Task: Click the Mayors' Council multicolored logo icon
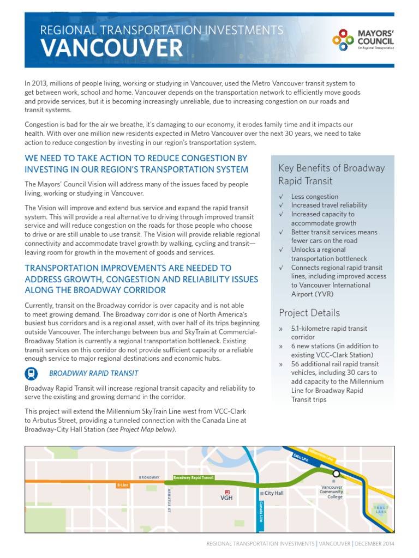tap(344, 40)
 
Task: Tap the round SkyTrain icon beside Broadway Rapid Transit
tap(32, 373)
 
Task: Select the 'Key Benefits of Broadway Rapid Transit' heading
tap(331, 174)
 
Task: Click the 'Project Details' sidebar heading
tap(309, 313)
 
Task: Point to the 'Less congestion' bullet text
tap(314, 197)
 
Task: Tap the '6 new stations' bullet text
tap(316, 346)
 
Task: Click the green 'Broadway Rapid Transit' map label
tap(193, 477)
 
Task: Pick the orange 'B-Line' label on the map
tap(122, 485)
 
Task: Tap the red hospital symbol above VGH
tap(227, 492)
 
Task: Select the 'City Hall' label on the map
tap(274, 493)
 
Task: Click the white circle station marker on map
tap(336, 474)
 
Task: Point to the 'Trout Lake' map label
tap(381, 510)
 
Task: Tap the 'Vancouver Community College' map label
tap(331, 492)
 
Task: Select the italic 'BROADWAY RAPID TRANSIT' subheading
tap(93, 373)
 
